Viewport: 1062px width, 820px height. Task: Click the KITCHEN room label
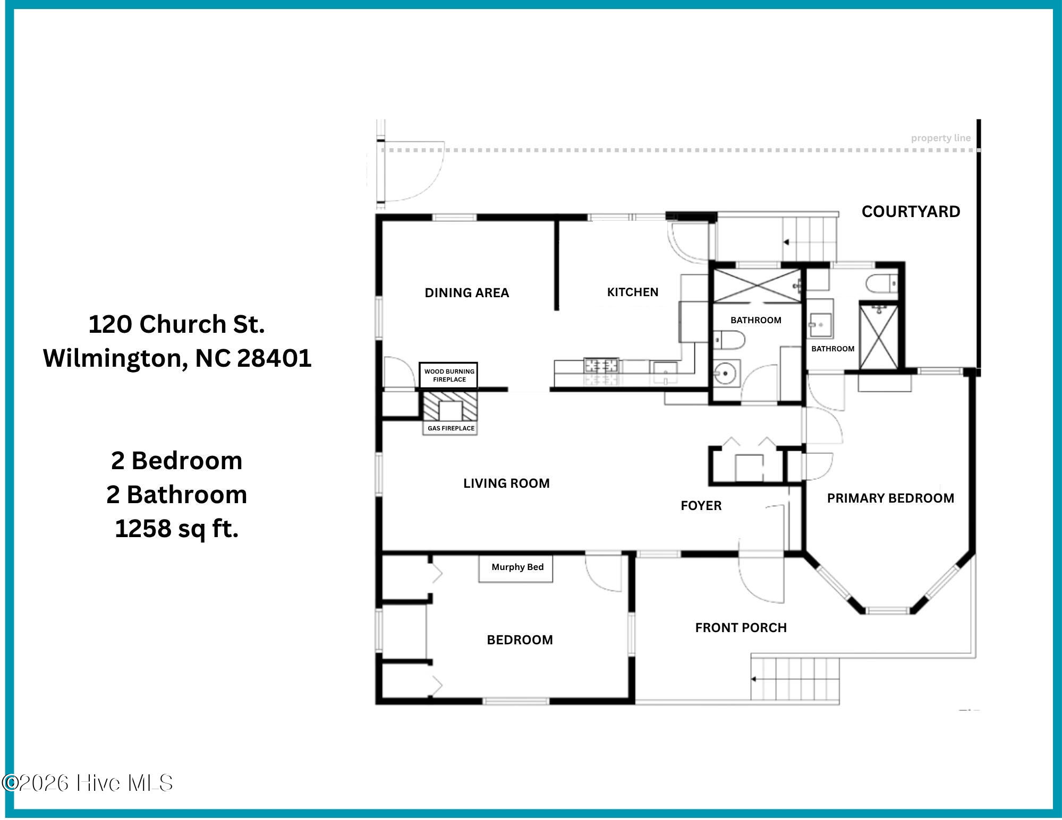point(633,292)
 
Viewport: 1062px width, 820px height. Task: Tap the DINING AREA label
point(466,292)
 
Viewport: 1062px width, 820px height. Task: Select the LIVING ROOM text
point(506,483)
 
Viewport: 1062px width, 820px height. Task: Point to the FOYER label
point(701,505)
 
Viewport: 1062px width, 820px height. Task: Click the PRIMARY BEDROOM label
point(890,498)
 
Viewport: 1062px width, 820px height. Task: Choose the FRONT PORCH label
point(741,627)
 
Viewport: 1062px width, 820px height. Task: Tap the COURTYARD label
point(911,211)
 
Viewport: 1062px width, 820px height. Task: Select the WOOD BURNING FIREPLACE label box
point(449,375)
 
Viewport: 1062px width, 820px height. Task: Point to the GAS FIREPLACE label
point(451,428)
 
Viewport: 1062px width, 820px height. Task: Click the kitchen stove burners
point(601,365)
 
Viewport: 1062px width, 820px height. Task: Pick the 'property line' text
point(940,138)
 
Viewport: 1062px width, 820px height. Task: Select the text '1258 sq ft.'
point(176,529)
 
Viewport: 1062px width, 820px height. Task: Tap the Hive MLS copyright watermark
point(88,783)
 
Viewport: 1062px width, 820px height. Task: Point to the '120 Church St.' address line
point(176,324)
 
